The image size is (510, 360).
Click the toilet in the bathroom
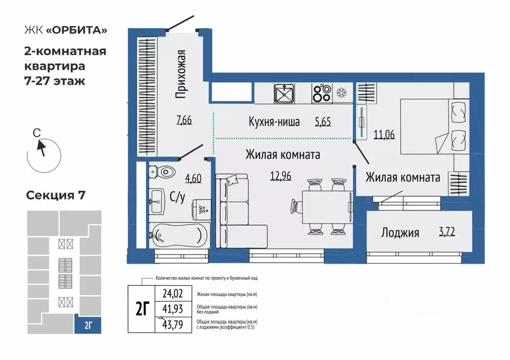[162, 172]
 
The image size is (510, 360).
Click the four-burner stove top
[322, 93]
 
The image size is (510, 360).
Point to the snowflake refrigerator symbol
[342, 93]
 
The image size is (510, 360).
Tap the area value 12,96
[282, 175]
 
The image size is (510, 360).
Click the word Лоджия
[400, 232]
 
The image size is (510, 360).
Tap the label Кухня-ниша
[274, 121]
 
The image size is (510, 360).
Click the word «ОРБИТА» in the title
[77, 30]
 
